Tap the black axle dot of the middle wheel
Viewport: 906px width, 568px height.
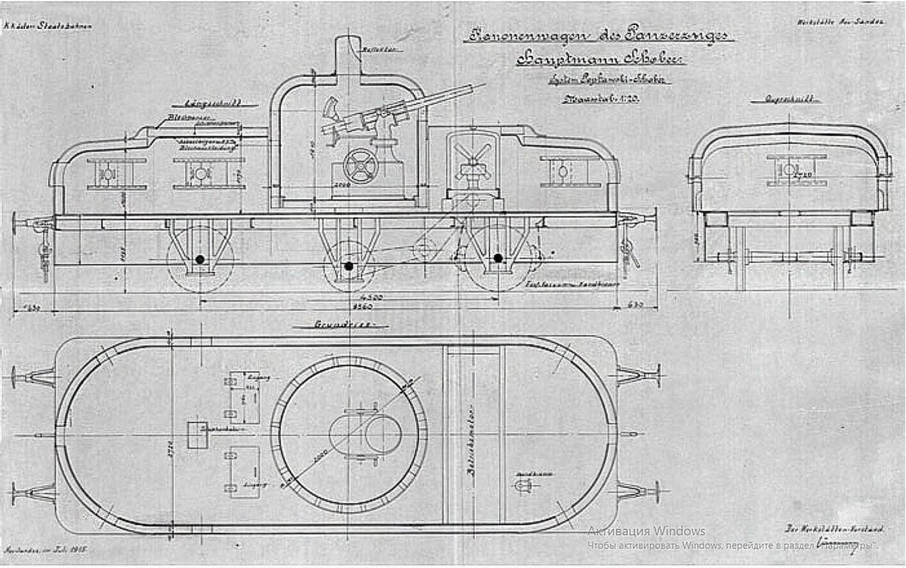pyautogui.click(x=349, y=266)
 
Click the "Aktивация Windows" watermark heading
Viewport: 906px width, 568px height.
pyautogui.click(x=646, y=530)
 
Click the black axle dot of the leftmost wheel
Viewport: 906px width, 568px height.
pyautogui.click(x=199, y=259)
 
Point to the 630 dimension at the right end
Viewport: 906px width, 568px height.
pyautogui.click(x=636, y=305)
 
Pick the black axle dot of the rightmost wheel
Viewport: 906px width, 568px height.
pyautogui.click(x=498, y=258)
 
